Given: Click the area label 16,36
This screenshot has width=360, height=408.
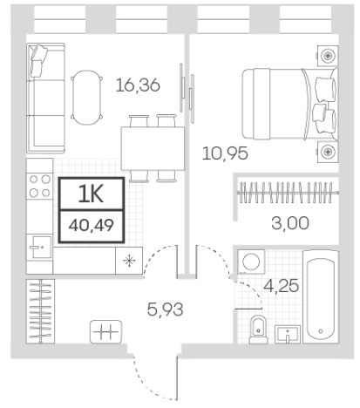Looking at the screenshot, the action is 138,85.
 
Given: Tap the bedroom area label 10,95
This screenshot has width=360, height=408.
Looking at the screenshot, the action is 225,153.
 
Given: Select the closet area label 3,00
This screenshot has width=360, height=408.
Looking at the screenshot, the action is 290,223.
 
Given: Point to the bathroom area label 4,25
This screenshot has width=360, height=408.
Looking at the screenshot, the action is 281,285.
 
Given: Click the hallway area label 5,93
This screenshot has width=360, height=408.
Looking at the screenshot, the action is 165,309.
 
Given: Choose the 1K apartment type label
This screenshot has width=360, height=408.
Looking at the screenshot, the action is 92,194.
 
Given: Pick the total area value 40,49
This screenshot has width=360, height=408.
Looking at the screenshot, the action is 92,225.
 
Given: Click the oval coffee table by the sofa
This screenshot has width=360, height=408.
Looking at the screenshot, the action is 87,98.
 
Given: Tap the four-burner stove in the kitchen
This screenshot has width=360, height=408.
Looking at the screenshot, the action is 40,186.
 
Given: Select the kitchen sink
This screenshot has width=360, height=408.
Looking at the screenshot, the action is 40,247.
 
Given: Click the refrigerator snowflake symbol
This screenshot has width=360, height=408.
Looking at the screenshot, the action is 129,261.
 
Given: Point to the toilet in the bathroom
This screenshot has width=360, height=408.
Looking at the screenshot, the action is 258,330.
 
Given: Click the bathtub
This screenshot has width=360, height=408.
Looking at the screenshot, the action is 321,297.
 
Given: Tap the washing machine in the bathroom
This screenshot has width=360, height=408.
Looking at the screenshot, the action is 251,262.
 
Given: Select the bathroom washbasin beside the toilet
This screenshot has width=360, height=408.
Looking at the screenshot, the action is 288,335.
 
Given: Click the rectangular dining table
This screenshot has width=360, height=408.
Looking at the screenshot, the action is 153,148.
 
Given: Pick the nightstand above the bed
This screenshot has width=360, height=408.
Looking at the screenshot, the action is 328,56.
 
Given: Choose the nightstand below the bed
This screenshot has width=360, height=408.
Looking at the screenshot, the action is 328,152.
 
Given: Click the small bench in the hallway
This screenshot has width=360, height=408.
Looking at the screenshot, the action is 105,331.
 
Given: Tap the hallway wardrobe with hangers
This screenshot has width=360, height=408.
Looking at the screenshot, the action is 40,311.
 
